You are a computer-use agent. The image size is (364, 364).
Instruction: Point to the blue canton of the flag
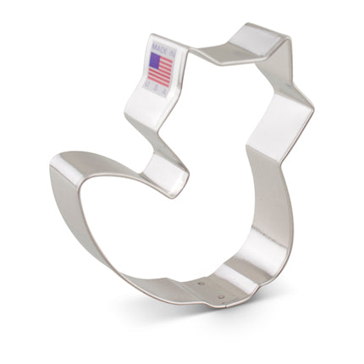point(154,59)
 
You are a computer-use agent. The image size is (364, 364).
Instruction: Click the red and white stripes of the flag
point(162,69)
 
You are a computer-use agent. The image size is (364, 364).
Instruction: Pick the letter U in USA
point(152,80)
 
